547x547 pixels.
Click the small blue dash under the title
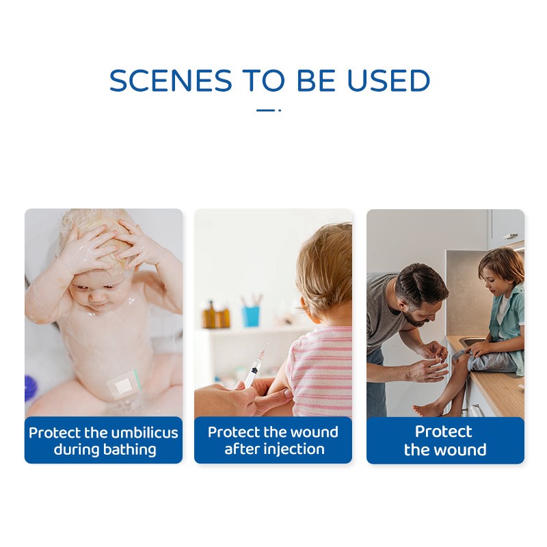tap(265, 109)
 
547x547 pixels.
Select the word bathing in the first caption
tap(133, 449)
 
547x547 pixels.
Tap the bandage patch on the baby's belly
tap(124, 385)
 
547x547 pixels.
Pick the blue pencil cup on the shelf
tap(252, 315)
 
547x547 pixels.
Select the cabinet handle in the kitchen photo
tap(510, 236)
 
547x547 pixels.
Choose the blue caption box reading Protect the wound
tap(445, 440)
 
